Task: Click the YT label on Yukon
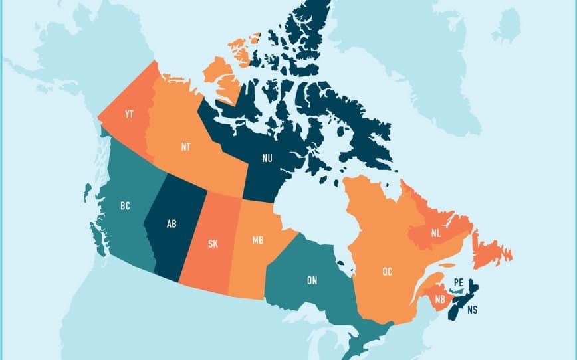coord(130,115)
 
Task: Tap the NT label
coord(185,147)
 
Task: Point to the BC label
coord(125,206)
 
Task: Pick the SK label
coord(213,244)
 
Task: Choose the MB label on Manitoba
coord(258,239)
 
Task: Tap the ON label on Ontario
coord(312,280)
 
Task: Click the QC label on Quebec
coord(388,271)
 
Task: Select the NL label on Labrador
coord(435,233)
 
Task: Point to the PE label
coord(458,282)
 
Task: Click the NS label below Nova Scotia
coord(472,310)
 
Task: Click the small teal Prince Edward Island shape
coord(457,290)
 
